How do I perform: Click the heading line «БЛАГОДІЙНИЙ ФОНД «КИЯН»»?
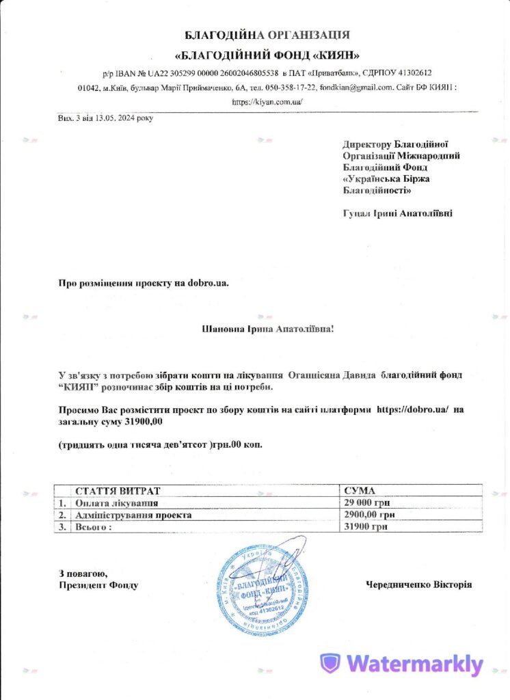(268, 55)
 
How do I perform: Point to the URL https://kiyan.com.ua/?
(267, 102)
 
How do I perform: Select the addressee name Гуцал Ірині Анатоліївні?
(397, 213)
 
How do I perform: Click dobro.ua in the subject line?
(203, 282)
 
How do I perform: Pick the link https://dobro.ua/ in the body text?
(412, 409)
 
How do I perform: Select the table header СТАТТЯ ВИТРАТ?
(117, 492)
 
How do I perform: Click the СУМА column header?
(360, 492)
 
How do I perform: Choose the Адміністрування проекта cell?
(133, 515)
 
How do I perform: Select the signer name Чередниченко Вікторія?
(418, 584)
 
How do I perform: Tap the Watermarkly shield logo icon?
(332, 664)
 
